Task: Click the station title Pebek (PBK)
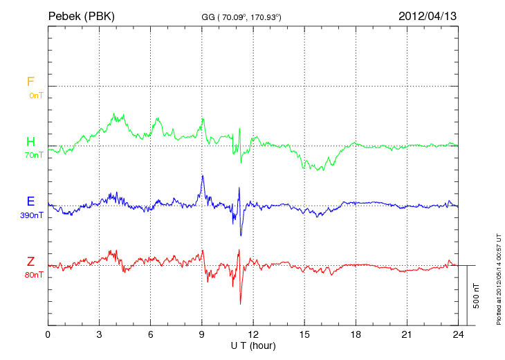tap(82, 15)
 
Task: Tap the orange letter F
tap(30, 82)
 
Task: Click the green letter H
tap(30, 143)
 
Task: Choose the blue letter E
tap(30, 201)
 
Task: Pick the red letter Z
tap(30, 261)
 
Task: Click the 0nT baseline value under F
tap(35, 96)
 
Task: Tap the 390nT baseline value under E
tap(32, 215)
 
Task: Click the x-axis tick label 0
tap(48, 334)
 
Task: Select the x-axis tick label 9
tap(202, 334)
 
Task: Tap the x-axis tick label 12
tap(253, 334)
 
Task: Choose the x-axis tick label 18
tap(356, 334)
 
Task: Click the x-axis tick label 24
tap(458, 334)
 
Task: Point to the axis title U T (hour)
tap(252, 345)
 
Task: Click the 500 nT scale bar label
tap(476, 296)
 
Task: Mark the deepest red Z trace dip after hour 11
tap(240, 304)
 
